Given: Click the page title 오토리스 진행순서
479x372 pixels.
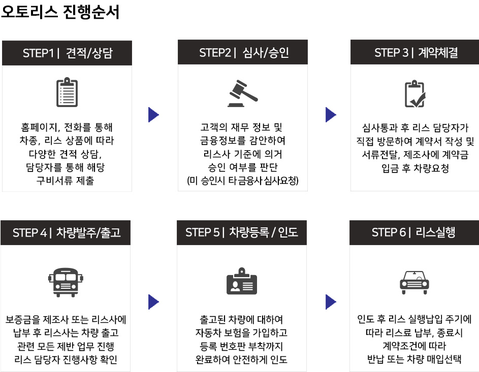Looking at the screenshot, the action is click(x=60, y=12).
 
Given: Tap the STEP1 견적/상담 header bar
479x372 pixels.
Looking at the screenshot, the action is click(x=67, y=53).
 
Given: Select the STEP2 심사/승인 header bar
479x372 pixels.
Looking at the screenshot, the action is click(x=243, y=52).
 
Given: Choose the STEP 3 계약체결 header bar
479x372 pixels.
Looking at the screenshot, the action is click(x=414, y=52).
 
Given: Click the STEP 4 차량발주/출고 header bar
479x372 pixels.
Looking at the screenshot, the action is click(x=66, y=232).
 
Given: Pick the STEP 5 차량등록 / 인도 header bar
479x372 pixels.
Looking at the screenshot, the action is click(x=242, y=232).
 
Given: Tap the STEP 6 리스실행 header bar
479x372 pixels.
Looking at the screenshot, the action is click(x=414, y=232).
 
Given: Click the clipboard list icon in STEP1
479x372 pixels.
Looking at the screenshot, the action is click(x=67, y=92).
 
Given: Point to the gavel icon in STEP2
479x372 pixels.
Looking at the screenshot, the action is click(x=243, y=93).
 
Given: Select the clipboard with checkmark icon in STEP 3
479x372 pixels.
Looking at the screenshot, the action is click(x=415, y=94).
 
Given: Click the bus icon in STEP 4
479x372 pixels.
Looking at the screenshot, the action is click(x=66, y=282).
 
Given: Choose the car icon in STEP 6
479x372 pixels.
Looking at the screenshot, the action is click(x=414, y=282).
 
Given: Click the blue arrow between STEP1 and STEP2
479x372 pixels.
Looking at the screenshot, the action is click(x=153, y=115).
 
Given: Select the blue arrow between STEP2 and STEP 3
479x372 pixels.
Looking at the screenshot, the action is click(x=331, y=115).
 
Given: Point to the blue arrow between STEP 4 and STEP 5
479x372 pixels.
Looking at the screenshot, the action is click(x=153, y=302).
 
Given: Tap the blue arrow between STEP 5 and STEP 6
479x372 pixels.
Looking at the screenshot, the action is click(x=331, y=302).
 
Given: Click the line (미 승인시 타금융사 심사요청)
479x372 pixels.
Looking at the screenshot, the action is click(x=243, y=181).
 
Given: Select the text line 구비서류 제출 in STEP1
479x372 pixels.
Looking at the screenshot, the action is click(x=65, y=181).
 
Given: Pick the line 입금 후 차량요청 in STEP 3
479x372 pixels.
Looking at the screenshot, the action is click(x=415, y=168).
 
